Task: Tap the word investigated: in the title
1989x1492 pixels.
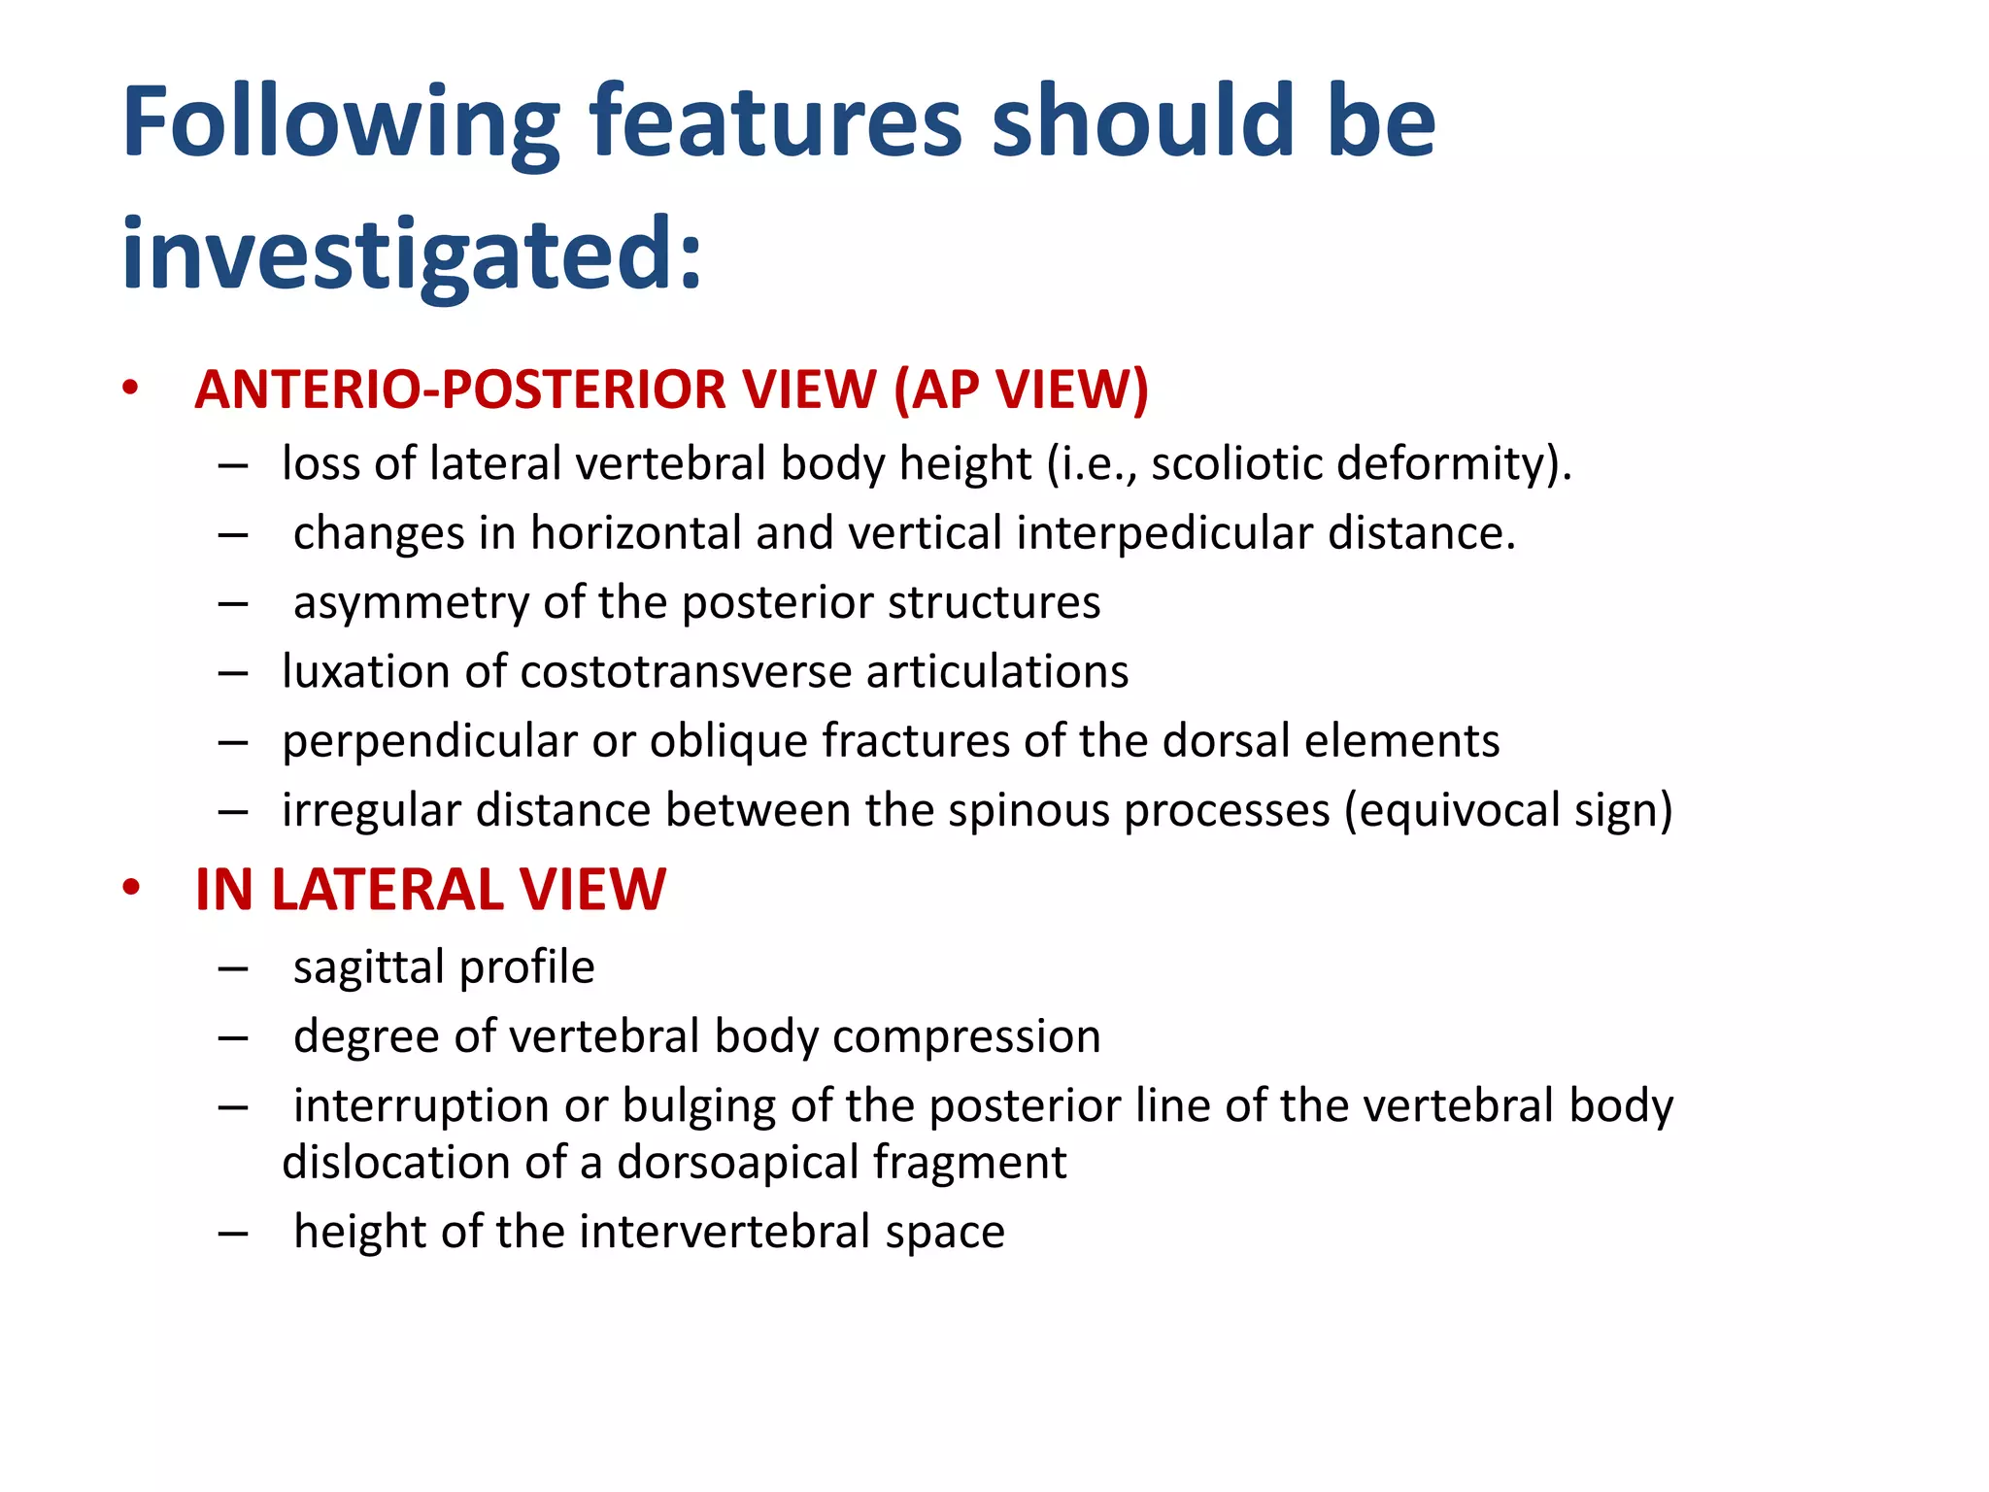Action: tap(412, 254)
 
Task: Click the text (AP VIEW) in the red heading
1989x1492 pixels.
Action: tap(1021, 390)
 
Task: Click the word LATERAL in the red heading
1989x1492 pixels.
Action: tap(388, 890)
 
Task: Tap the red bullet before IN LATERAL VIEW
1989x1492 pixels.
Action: tap(131, 887)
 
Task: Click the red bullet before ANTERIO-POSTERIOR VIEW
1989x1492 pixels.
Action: tap(131, 388)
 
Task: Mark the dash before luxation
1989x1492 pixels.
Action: tap(233, 673)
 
